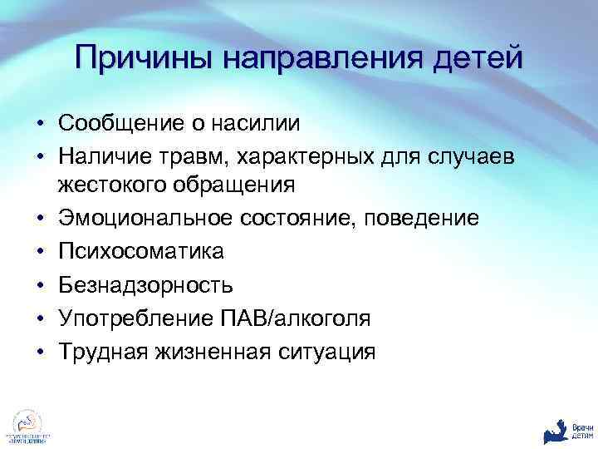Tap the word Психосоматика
click(x=141, y=250)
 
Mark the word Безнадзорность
click(x=145, y=284)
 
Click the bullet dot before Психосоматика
click(x=40, y=250)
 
